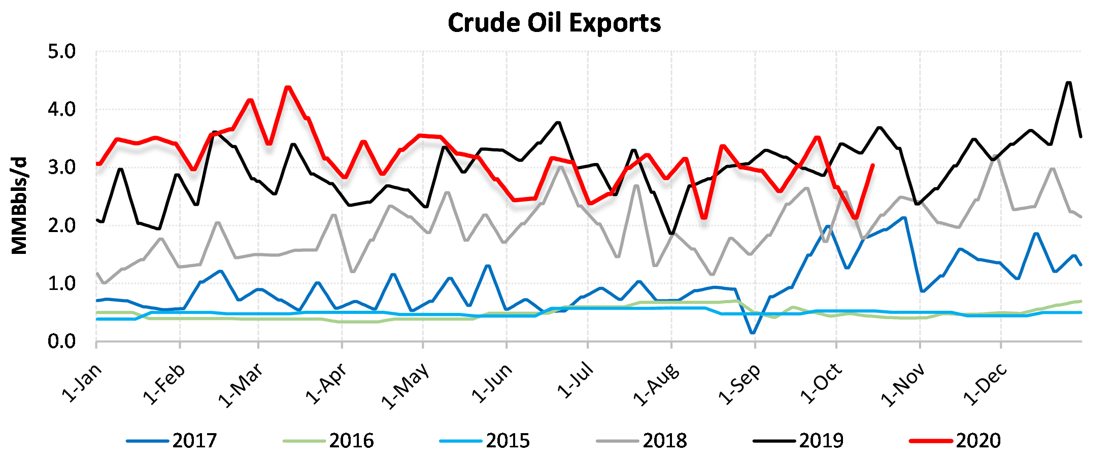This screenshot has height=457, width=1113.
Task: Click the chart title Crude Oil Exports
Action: [x=554, y=23]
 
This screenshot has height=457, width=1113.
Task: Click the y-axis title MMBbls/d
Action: [x=19, y=206]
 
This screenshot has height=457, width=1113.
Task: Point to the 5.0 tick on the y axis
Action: [x=61, y=52]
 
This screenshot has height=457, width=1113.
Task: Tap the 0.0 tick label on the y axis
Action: [x=61, y=342]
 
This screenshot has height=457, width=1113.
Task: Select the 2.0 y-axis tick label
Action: [x=61, y=226]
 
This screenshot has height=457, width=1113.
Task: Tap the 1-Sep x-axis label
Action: [x=740, y=385]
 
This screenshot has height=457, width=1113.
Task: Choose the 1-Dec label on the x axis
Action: [x=986, y=385]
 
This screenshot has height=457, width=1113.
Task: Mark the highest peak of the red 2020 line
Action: [x=288, y=87]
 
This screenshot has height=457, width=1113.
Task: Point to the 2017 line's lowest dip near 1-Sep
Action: [x=752, y=333]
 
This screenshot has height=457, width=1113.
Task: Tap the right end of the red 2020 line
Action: [x=872, y=165]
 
